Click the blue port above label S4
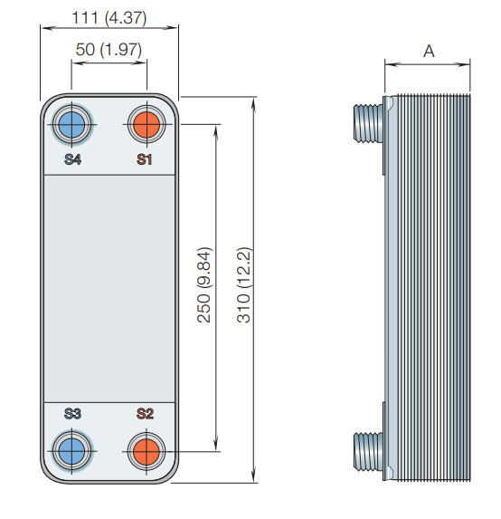pos(71,125)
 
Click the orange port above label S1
pos(147,125)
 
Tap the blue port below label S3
pos(71,451)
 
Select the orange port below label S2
pos(147,451)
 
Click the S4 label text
pos(72,159)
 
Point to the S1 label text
pos(144,159)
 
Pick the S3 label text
pos(72,414)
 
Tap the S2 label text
pos(145,414)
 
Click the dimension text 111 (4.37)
pos(109,17)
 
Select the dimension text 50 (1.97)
pos(109,49)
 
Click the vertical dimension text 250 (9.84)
pos(203,285)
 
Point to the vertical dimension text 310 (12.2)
pos(244,285)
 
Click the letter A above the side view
pos(429,52)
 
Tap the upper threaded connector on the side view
pos(368,123)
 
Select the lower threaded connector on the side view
pos(368,450)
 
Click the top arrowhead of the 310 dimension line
pos(253,102)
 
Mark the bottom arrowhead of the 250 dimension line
pos(216,445)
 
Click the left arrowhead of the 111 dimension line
pos(47,28)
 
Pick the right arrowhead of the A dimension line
pos(463,64)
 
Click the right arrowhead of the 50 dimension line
pos(140,62)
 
